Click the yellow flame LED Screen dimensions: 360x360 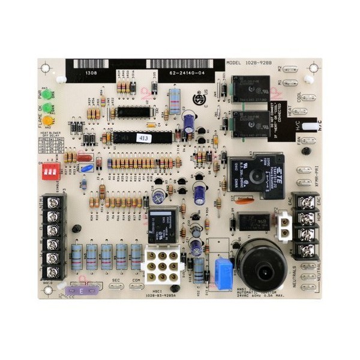coord(47,119)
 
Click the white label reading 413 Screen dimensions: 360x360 coord(145,137)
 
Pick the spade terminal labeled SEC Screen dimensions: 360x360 coord(117,286)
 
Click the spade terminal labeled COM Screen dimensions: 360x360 coord(136,286)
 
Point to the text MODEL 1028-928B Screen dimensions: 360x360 coord(248,62)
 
